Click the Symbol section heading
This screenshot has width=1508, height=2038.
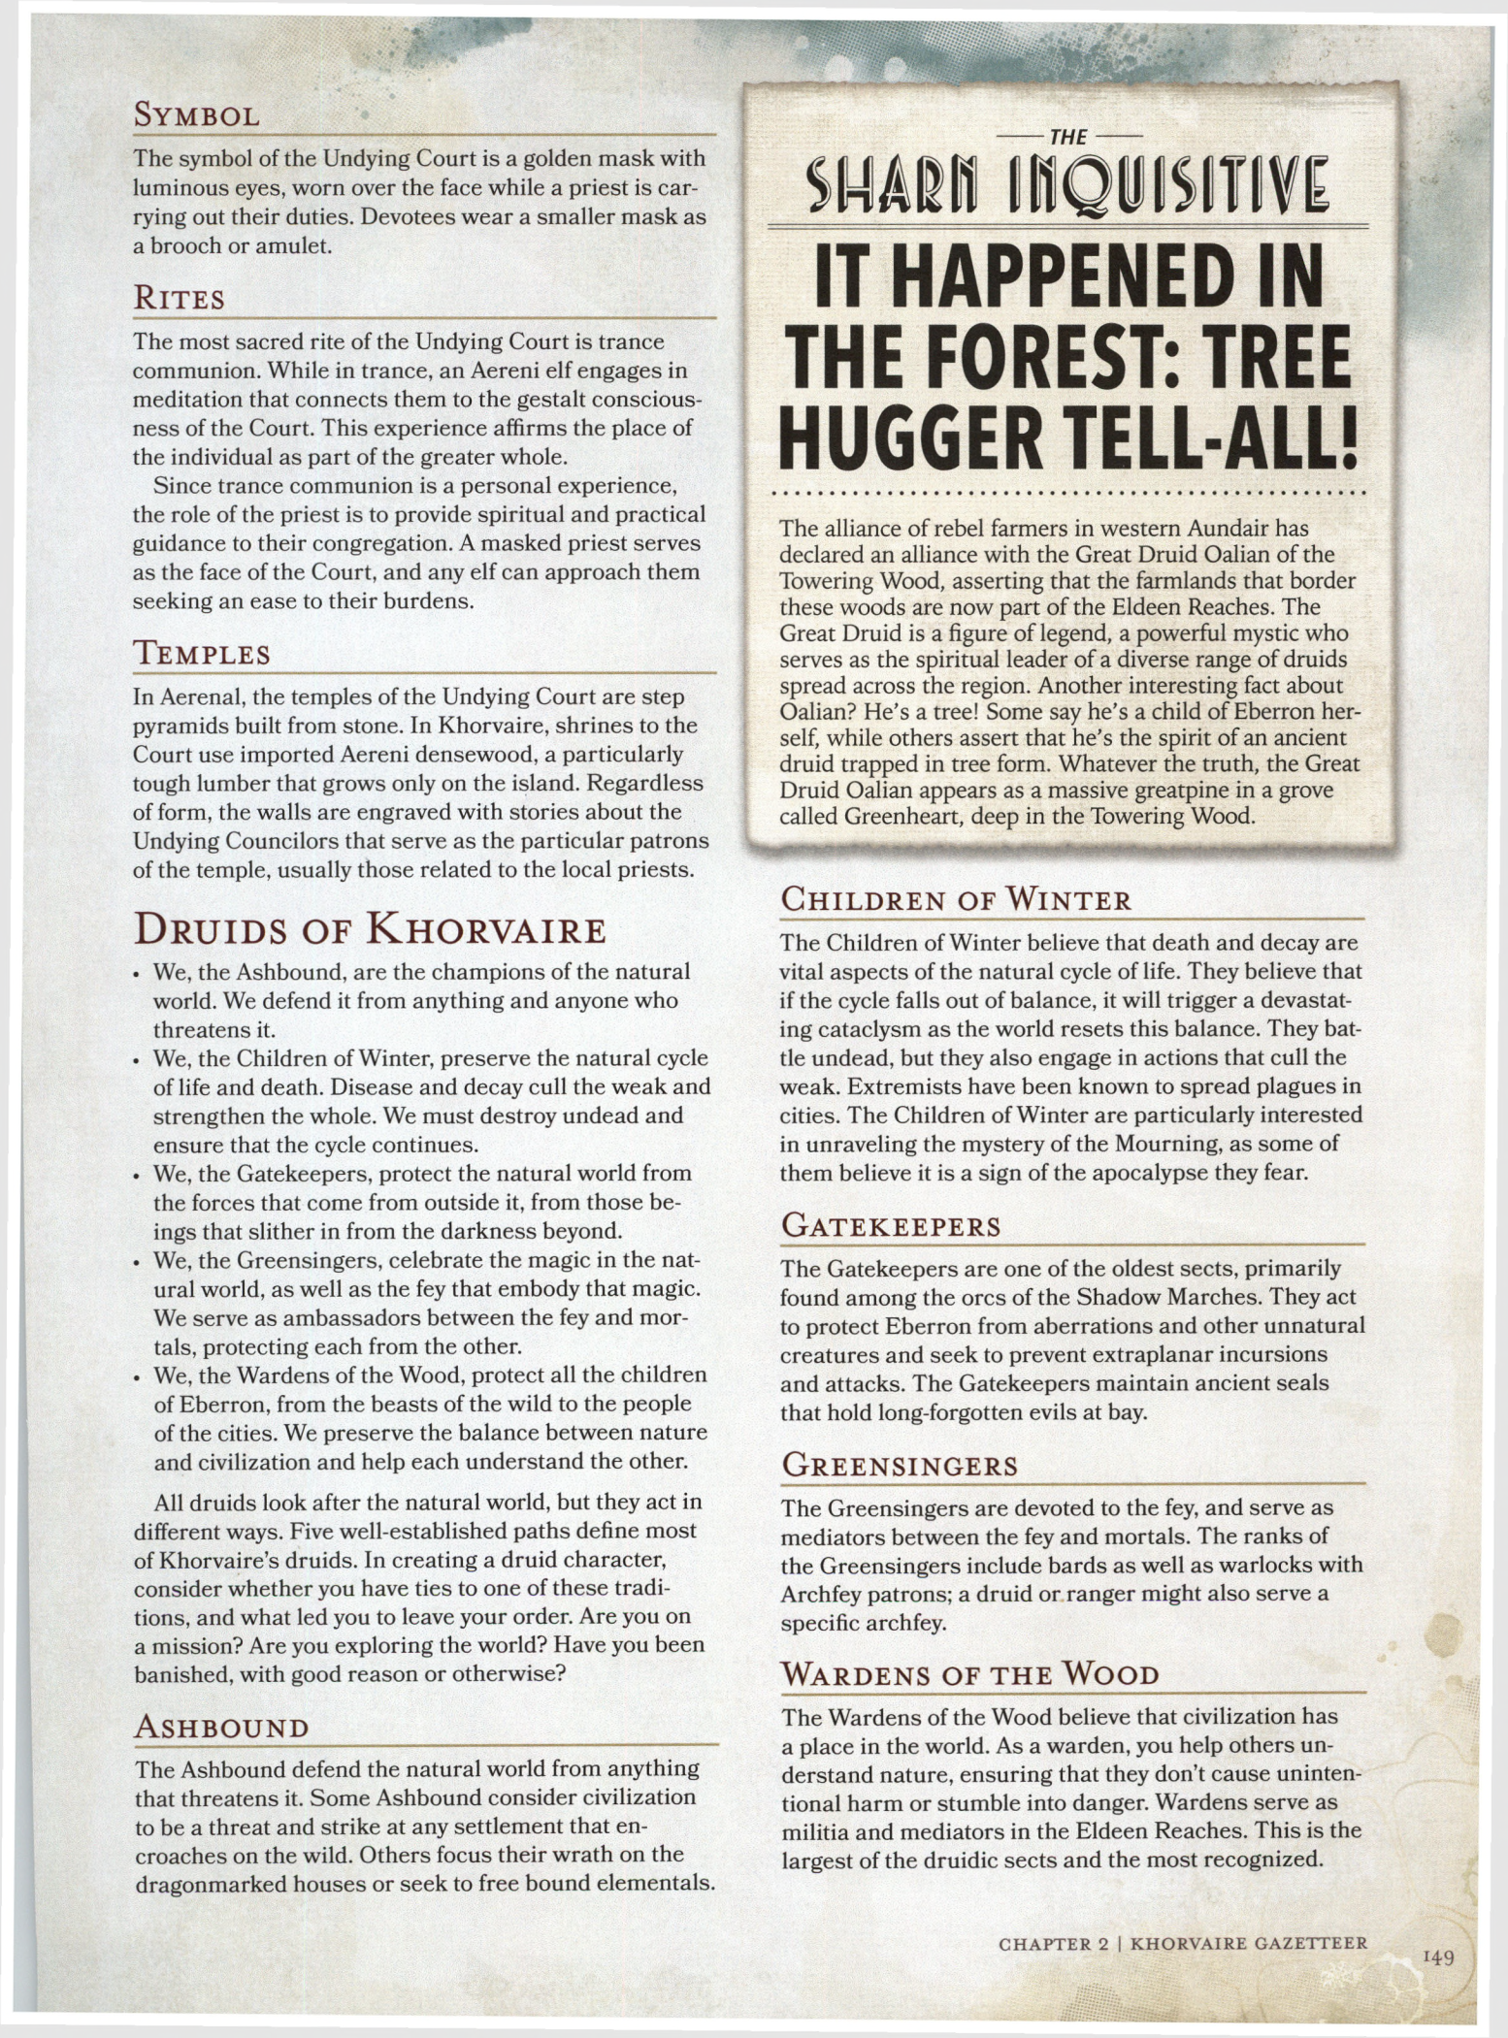point(196,116)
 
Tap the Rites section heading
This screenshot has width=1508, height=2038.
point(179,298)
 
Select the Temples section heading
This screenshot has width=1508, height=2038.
point(201,654)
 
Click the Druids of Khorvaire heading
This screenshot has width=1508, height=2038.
point(370,929)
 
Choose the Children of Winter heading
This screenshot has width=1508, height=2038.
point(956,899)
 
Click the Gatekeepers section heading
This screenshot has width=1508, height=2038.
point(891,1226)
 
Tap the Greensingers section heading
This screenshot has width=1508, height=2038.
point(900,1465)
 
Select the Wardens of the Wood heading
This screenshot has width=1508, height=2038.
point(970,1674)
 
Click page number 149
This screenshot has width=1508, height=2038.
point(1438,1957)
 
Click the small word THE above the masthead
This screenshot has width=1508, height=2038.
point(1067,138)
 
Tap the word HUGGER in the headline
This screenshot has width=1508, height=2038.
point(912,443)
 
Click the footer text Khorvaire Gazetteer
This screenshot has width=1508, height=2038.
point(1250,1943)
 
